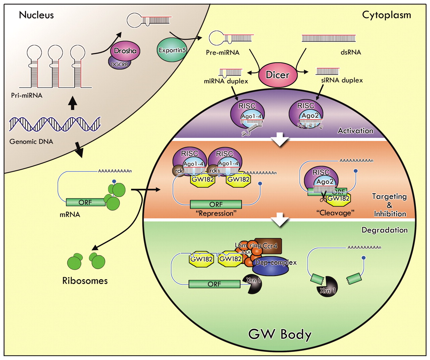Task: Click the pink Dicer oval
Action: pyautogui.click(x=278, y=75)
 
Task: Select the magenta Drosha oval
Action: pyautogui.click(x=125, y=51)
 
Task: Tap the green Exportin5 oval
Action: pyautogui.click(x=172, y=50)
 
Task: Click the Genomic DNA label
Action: pyautogui.click(x=31, y=142)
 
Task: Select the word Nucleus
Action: pyautogui.click(x=36, y=15)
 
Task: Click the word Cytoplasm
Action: pyautogui.click(x=386, y=15)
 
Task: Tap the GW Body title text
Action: pyautogui.click(x=280, y=334)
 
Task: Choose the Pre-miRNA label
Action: pyautogui.click(x=223, y=52)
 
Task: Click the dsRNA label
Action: pyautogui.click(x=351, y=52)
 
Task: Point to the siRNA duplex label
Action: pyautogui.click(x=342, y=80)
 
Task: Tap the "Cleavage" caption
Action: pyautogui.click(x=335, y=213)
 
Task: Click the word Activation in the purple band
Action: pyautogui.click(x=355, y=131)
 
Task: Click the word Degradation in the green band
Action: pyautogui.click(x=384, y=230)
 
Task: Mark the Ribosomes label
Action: pyautogui.click(x=85, y=281)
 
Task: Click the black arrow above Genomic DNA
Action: pyautogui.click(x=73, y=103)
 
